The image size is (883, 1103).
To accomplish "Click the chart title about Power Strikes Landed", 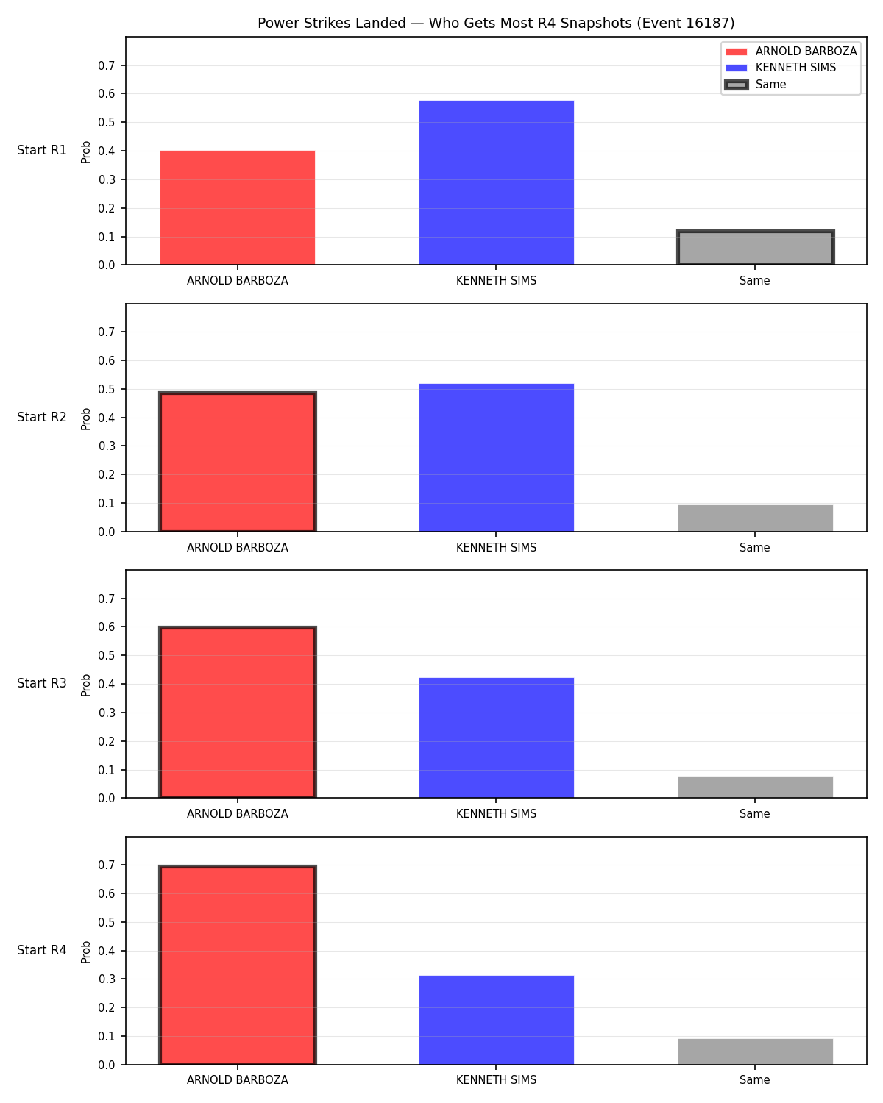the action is [x=496, y=23].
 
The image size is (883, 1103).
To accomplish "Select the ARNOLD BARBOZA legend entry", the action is [x=790, y=51].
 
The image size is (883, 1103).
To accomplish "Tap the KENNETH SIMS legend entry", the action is [x=781, y=68].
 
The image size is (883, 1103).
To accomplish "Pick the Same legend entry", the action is [x=755, y=85].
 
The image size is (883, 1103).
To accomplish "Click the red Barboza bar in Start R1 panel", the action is [x=238, y=207].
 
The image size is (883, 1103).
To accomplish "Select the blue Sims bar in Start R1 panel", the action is [x=496, y=182].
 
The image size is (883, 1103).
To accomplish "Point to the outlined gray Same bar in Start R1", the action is [x=755, y=248].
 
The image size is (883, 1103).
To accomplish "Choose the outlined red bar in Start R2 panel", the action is [x=238, y=461].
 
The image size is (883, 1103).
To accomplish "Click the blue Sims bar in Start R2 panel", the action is [x=496, y=457].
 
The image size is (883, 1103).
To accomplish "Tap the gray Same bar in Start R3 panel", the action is [x=755, y=787].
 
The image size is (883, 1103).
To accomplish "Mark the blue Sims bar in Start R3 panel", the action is [x=496, y=738].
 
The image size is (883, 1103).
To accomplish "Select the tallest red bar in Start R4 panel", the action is [x=238, y=965].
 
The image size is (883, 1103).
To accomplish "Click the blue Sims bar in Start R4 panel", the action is [x=496, y=1020].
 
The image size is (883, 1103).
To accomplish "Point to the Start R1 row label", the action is [x=41, y=150].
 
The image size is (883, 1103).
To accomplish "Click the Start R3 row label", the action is [x=41, y=683].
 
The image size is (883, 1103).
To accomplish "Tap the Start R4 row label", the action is [x=41, y=950].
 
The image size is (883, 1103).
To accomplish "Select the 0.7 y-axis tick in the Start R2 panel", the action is [x=106, y=332].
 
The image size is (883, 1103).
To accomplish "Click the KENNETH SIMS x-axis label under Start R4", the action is [x=496, y=1080].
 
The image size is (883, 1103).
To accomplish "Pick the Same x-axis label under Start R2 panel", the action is [x=755, y=547].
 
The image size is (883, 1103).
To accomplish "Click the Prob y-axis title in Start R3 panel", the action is [x=85, y=685].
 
